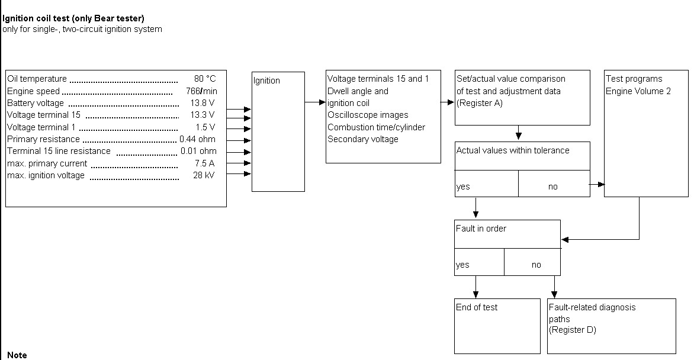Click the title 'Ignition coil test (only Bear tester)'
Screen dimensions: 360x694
tap(73, 18)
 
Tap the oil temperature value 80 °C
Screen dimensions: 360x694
tap(205, 79)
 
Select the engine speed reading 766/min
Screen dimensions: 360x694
tap(201, 91)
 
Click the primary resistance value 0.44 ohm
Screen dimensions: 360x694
tap(198, 139)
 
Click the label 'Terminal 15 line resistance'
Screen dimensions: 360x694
tap(59, 151)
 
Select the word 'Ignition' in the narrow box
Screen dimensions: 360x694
tap(266, 81)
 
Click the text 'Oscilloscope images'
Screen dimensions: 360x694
tap(368, 115)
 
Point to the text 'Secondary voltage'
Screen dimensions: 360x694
tap(363, 139)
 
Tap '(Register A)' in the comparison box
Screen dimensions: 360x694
tap(479, 103)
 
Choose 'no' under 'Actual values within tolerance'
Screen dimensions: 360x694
tap(552, 187)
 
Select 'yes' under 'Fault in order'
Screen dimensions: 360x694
tap(462, 265)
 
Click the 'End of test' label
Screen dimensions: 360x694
tap(477, 307)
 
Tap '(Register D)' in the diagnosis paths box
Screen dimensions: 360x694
tap(573, 330)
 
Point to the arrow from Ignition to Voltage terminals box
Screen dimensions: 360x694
tap(315, 102)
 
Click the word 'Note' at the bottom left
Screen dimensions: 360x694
tap(17, 355)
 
